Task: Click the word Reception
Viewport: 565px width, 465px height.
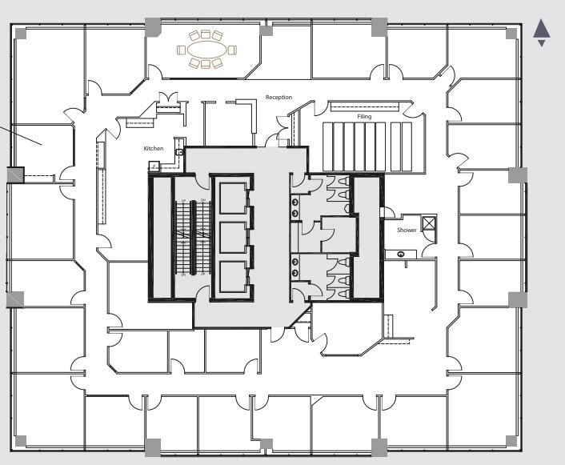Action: pyautogui.click(x=278, y=98)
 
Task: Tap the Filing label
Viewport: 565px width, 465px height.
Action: pyautogui.click(x=364, y=117)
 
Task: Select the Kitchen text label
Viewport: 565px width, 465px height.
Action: pyautogui.click(x=154, y=148)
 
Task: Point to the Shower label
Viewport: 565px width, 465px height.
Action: pyautogui.click(x=407, y=230)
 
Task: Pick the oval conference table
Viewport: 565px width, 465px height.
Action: pyautogui.click(x=206, y=50)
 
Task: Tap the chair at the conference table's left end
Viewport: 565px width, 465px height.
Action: pyautogui.click(x=182, y=50)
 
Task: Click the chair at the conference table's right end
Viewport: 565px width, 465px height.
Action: pyautogui.click(x=232, y=50)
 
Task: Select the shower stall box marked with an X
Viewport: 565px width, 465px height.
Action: pyautogui.click(x=429, y=223)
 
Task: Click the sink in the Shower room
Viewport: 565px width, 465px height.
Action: pyautogui.click(x=399, y=255)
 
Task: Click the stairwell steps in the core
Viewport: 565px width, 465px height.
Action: pyautogui.click(x=192, y=236)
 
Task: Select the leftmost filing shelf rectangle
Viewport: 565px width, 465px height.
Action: pyautogui.click(x=327, y=146)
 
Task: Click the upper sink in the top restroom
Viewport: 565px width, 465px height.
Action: pyautogui.click(x=296, y=202)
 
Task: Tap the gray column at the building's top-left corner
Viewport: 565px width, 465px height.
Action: pyautogui.click(x=20, y=34)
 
